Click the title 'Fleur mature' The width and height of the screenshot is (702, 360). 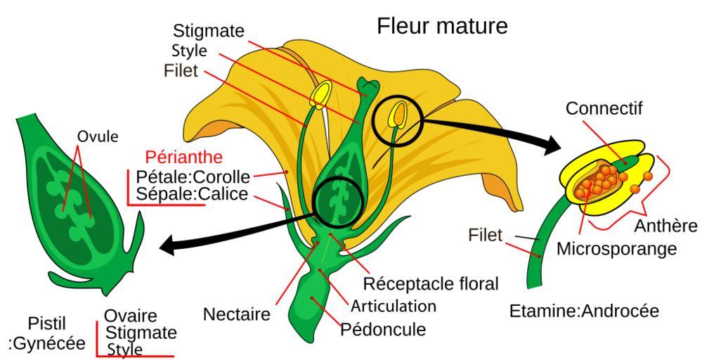pyautogui.click(x=442, y=27)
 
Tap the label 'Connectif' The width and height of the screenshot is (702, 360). pyautogui.click(x=604, y=109)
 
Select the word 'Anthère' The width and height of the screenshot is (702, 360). pyautogui.click(x=665, y=226)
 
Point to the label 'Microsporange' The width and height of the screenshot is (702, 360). pyautogui.click(x=616, y=249)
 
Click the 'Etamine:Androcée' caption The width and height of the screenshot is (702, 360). pyautogui.click(x=584, y=311)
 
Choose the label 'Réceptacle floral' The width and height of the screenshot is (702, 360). pyautogui.click(x=430, y=284)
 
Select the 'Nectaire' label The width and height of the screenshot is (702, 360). pyautogui.click(x=236, y=314)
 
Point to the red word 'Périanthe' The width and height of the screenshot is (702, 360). pyautogui.click(x=183, y=157)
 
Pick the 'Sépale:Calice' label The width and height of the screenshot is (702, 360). pyautogui.click(x=192, y=193)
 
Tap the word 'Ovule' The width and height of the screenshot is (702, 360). pyautogui.click(x=98, y=136)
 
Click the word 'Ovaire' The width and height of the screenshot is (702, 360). pyautogui.click(x=131, y=316)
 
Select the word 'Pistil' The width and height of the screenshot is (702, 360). pyautogui.click(x=47, y=324)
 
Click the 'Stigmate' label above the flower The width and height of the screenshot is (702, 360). pyautogui.click(x=209, y=31)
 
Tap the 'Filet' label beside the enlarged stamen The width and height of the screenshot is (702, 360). pyautogui.click(x=485, y=235)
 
